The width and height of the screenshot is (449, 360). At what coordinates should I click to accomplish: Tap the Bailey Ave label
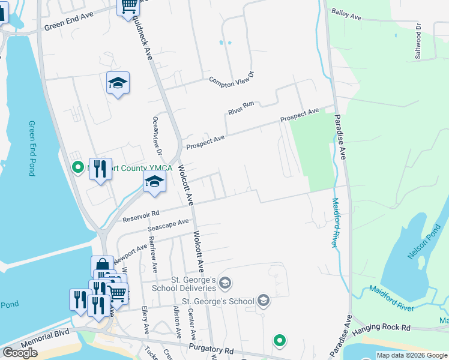[346, 14]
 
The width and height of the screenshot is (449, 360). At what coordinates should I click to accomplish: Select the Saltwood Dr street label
[418, 41]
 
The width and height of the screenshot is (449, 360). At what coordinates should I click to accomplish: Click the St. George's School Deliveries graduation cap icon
[225, 282]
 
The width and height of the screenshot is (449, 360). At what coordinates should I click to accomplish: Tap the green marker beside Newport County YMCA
[77, 167]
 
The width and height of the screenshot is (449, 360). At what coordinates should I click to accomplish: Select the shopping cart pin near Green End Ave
[128, 7]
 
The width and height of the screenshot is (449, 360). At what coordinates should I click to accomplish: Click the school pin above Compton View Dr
[118, 83]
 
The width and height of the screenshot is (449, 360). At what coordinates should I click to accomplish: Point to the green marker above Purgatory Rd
[279, 340]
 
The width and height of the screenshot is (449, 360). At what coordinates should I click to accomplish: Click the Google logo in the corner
[20, 352]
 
